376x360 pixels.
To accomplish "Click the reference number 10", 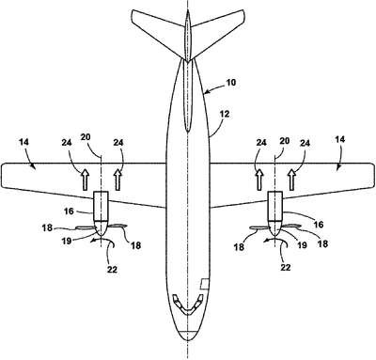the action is pyautogui.click(x=230, y=83).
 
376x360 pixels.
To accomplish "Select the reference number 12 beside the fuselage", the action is pyautogui.click(x=224, y=114).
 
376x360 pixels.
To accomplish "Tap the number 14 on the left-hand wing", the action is pyautogui.click(x=23, y=142).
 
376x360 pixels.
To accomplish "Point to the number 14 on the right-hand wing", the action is pyautogui.click(x=339, y=139).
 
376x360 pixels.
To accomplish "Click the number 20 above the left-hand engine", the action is pyautogui.click(x=86, y=137).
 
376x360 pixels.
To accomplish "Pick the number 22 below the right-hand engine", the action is pyautogui.click(x=285, y=267).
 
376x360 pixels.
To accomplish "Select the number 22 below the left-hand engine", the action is pyautogui.click(x=112, y=269).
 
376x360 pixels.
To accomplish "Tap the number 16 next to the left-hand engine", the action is pyautogui.click(x=69, y=211).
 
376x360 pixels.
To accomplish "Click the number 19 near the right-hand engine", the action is pyautogui.click(x=302, y=244).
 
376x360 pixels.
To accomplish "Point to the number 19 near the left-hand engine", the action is pyautogui.click(x=67, y=242).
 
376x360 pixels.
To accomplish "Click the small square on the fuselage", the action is pyautogui.click(x=205, y=284).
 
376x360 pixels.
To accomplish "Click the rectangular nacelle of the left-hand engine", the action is pyautogui.click(x=101, y=206).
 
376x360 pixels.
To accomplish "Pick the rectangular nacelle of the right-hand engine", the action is pyautogui.click(x=274, y=206).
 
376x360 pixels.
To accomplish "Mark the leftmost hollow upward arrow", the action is pyautogui.click(x=85, y=180).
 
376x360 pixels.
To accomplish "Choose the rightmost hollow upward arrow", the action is pyautogui.click(x=291, y=180).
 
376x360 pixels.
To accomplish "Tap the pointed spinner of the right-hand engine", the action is pyautogui.click(x=274, y=228).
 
